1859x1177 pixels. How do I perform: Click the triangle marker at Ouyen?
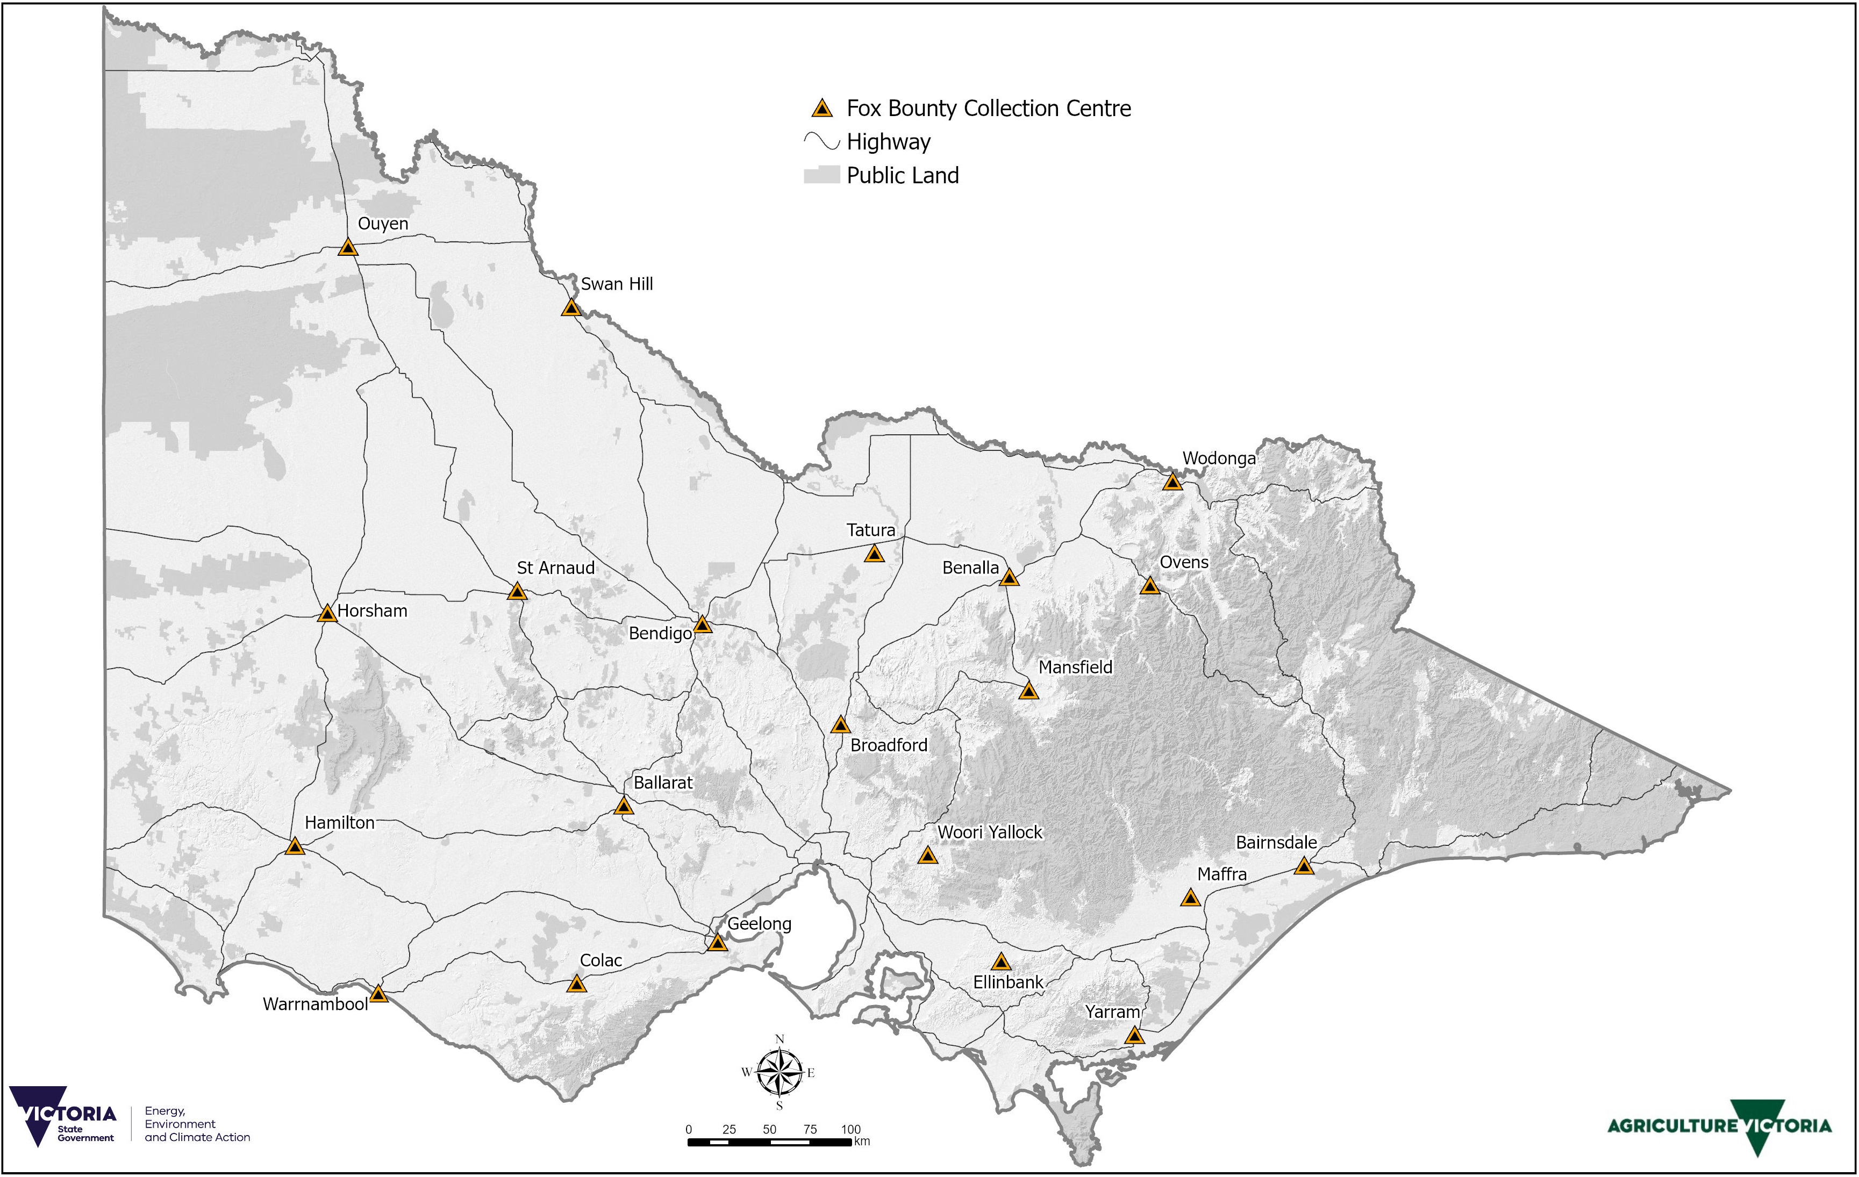point(348,248)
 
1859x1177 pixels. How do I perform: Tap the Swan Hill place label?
point(616,284)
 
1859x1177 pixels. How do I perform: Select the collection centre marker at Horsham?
point(327,614)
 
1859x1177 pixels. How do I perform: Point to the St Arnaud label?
point(555,568)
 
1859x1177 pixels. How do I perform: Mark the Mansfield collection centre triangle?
point(1028,691)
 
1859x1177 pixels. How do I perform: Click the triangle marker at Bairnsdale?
point(1304,866)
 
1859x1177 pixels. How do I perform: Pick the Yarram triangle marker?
point(1133,1036)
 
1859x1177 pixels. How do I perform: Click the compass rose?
point(780,1073)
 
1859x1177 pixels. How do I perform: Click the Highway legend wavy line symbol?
point(821,142)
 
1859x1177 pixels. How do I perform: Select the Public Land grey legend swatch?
point(821,175)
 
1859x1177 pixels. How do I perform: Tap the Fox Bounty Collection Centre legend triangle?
point(822,109)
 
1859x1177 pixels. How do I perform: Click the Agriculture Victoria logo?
point(1719,1126)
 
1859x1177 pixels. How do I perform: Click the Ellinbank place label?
point(1007,982)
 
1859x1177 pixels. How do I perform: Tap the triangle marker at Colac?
point(576,985)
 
